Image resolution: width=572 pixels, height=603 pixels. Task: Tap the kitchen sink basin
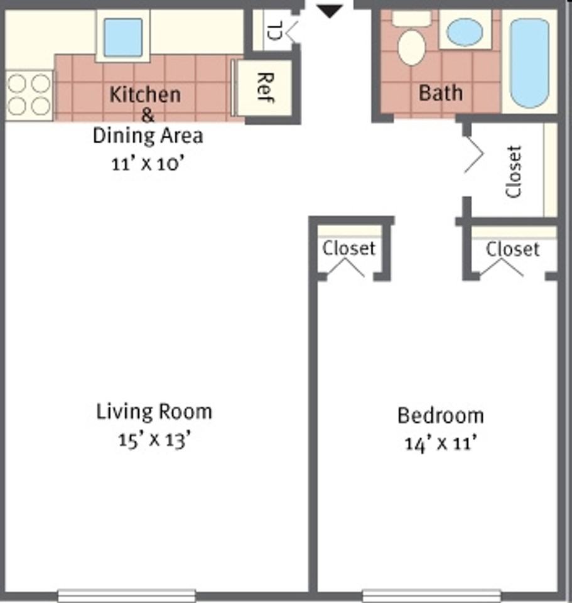pos(122,37)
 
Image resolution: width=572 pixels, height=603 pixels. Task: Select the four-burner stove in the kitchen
pos(29,94)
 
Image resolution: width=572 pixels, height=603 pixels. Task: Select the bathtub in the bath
pos(529,62)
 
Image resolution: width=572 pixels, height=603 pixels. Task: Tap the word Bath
pos(440,93)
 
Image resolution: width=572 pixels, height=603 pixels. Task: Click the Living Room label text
pos(154,412)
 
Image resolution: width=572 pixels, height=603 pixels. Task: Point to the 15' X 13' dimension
pos(154,440)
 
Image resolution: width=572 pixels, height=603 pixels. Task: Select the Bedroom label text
pos(440,415)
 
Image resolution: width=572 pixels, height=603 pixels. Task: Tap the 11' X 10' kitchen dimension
pos(148,163)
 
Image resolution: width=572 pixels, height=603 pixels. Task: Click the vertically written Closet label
pos(514,171)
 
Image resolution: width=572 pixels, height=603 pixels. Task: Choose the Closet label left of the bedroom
pos(349,248)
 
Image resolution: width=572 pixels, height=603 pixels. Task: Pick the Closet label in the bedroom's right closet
pos(512,249)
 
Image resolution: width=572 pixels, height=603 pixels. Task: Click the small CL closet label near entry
pos(274,29)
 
